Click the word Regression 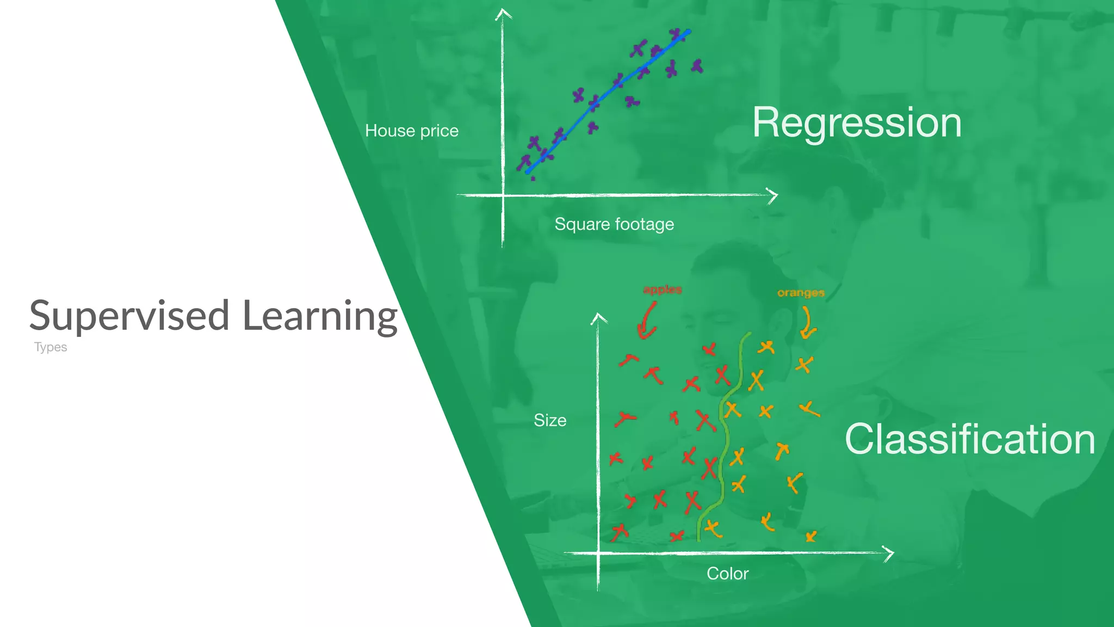tap(857, 124)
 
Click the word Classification tap(969, 439)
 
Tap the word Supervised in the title tap(129, 316)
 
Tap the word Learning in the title tap(320, 316)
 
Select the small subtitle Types tap(51, 347)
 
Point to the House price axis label tap(412, 131)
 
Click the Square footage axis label tap(614, 224)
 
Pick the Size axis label tap(550, 420)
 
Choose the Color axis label tap(727, 574)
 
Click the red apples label tap(662, 290)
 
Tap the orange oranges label tap(801, 293)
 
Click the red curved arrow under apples tap(647, 321)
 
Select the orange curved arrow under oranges tap(807, 322)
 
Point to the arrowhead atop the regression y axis tap(503, 13)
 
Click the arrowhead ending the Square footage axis tap(773, 196)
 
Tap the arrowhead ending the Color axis tap(889, 554)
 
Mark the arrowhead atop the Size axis tap(598, 317)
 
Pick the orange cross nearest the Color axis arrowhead tap(811, 537)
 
